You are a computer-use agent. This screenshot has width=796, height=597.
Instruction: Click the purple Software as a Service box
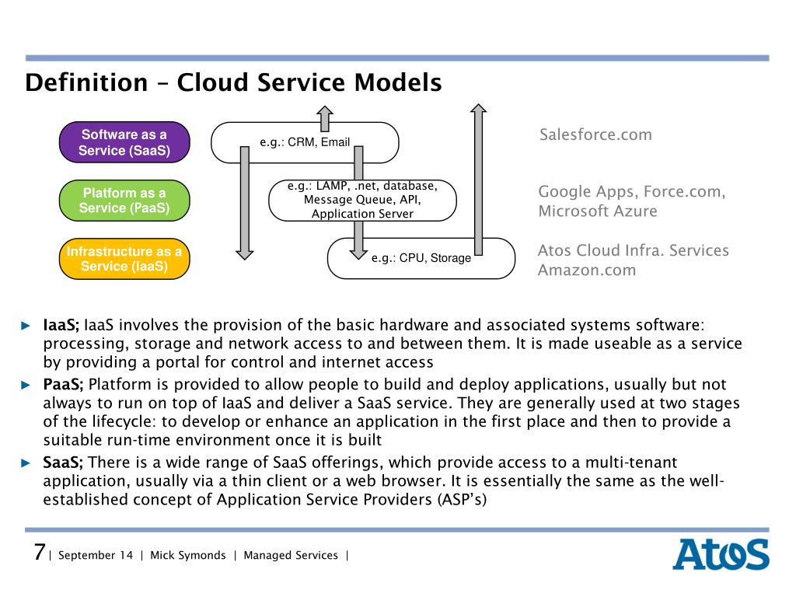pyautogui.click(x=124, y=142)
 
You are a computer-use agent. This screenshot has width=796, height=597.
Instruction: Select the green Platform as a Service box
pyautogui.click(x=124, y=200)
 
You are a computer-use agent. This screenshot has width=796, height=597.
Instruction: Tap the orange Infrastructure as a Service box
pyautogui.click(x=124, y=259)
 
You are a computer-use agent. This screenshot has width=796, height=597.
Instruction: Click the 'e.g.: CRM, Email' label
pyautogui.click(x=305, y=142)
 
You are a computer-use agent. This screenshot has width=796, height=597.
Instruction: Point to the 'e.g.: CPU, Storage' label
pyautogui.click(x=421, y=258)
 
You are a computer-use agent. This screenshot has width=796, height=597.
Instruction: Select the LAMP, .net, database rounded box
pyautogui.click(x=362, y=200)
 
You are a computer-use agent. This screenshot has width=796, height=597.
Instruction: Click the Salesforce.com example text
pyautogui.click(x=595, y=135)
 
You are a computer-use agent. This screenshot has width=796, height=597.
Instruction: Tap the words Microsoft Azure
pyautogui.click(x=597, y=211)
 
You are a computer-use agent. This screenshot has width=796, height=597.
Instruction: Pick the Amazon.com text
pyautogui.click(x=587, y=271)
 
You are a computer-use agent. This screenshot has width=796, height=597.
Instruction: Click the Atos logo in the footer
pyautogui.click(x=720, y=555)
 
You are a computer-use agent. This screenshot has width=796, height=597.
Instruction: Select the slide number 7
pyautogui.click(x=38, y=553)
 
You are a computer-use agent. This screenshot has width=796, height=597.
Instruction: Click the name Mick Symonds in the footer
pyautogui.click(x=187, y=556)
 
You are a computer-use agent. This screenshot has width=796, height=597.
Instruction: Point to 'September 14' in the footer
pyautogui.click(x=96, y=556)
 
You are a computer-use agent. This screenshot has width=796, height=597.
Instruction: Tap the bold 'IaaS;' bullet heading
pyautogui.click(x=61, y=325)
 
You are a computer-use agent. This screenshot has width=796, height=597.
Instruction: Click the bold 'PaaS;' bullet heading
pyautogui.click(x=64, y=384)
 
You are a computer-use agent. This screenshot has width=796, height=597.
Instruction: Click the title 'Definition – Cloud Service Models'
pyautogui.click(x=233, y=82)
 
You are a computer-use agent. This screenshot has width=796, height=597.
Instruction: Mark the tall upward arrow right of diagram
pyautogui.click(x=478, y=179)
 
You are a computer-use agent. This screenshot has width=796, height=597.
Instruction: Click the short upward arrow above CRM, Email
pyautogui.click(x=325, y=118)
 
